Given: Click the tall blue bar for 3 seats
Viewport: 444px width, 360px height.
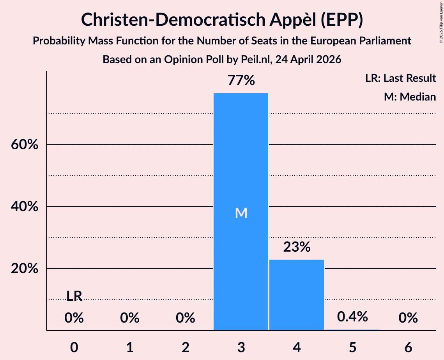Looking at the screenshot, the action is (x=241, y=212).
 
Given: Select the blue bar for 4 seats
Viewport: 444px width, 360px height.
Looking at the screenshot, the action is (x=297, y=295).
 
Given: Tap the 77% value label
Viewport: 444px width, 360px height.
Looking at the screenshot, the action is (x=241, y=80).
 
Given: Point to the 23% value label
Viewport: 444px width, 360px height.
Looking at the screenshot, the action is (x=297, y=247).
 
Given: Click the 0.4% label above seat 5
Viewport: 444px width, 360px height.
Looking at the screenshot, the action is (x=352, y=316).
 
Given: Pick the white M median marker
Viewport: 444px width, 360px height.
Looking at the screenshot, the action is (x=241, y=213).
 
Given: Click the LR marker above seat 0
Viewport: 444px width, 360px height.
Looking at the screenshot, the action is (x=74, y=296).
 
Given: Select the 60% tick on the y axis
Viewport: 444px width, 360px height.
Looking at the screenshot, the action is (x=25, y=145).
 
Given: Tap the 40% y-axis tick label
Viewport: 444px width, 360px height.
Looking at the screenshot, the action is (x=25, y=206).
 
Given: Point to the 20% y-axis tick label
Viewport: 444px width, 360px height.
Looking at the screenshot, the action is (x=25, y=268).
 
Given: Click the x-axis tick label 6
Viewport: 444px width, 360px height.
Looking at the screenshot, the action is (x=408, y=347).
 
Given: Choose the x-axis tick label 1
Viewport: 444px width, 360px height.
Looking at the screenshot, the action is (x=130, y=347).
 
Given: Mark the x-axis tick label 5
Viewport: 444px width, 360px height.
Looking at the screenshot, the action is (x=352, y=347).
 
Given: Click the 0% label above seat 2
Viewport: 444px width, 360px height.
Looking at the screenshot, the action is (x=186, y=318).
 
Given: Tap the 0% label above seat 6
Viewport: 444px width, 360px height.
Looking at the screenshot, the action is (x=408, y=318).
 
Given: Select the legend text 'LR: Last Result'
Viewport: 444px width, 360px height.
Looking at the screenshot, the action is (x=400, y=78).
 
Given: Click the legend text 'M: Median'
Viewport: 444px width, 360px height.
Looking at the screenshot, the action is (x=410, y=97).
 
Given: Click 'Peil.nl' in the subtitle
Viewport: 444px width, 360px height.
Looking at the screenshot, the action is (x=255, y=60).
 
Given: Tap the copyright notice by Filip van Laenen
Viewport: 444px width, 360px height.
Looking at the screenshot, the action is (x=441, y=22).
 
